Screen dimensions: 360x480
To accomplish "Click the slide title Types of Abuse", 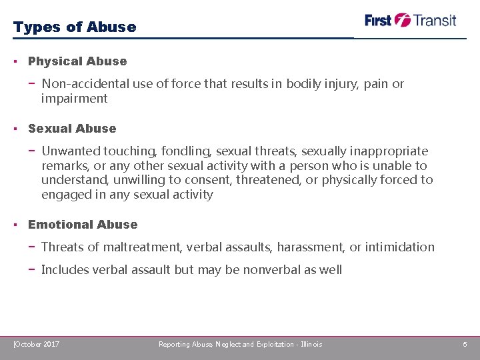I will click(x=74, y=27).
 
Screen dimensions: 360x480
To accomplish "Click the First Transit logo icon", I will click(x=402, y=20).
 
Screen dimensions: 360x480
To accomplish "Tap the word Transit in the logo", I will click(x=435, y=20).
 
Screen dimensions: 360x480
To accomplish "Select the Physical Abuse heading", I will click(x=77, y=61).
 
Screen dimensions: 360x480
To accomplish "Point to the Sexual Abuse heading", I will click(x=72, y=129).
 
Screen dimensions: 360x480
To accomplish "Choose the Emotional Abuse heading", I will click(x=83, y=225).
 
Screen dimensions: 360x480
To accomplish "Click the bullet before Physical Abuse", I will click(x=15, y=61).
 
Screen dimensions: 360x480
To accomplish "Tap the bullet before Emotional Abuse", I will click(x=15, y=225).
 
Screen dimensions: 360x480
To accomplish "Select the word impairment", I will click(x=74, y=99).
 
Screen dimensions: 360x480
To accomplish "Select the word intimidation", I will click(x=400, y=247).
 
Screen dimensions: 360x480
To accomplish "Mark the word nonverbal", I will click(x=272, y=270).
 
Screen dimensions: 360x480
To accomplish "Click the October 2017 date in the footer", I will click(x=37, y=344).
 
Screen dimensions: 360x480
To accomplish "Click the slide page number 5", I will click(x=465, y=344).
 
